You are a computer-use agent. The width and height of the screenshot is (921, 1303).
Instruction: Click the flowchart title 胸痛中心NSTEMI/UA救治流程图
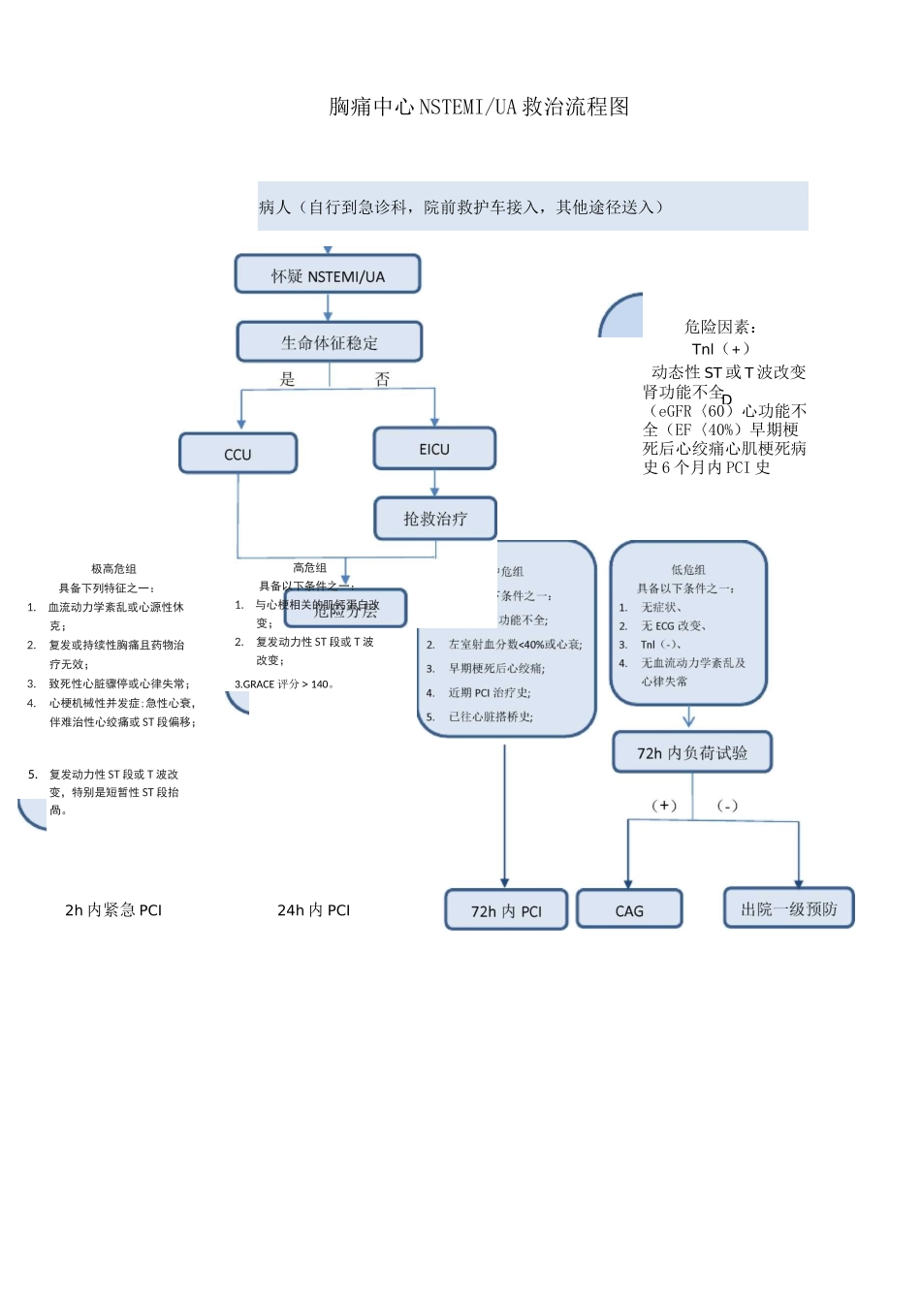tap(479, 107)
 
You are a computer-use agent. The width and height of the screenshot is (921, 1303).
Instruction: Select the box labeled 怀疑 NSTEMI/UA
tap(328, 275)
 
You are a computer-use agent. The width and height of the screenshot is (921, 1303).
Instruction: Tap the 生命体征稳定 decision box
tap(330, 342)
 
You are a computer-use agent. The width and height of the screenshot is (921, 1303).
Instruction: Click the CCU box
tap(238, 454)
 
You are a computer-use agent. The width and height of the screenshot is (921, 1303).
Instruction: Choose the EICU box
tap(434, 449)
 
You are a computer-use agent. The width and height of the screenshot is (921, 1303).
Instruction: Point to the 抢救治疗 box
tap(435, 519)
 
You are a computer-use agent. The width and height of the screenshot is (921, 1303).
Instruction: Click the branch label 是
tap(287, 379)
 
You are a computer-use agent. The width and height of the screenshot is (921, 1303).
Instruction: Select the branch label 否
tap(382, 379)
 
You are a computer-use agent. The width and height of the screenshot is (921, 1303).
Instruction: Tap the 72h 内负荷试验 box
tap(692, 752)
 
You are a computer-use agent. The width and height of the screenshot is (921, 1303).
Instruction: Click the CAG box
tap(629, 910)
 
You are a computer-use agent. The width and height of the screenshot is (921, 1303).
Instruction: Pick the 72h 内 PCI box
tap(506, 910)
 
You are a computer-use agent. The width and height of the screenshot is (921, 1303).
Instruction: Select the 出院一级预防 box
tap(789, 908)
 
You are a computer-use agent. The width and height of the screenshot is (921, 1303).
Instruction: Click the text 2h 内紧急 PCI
tap(113, 909)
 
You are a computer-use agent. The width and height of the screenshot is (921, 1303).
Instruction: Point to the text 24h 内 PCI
tap(313, 909)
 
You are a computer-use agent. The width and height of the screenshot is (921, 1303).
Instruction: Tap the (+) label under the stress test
tap(664, 805)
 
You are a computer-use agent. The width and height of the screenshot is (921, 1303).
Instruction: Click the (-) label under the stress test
tap(727, 805)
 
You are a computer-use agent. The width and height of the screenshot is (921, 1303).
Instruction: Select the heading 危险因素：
tap(720, 327)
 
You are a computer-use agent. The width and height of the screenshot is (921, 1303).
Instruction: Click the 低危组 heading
tap(688, 570)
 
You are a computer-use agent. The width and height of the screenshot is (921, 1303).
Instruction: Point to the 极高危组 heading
tap(113, 569)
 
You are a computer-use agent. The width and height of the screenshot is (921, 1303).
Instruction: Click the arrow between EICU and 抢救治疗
tap(434, 484)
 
